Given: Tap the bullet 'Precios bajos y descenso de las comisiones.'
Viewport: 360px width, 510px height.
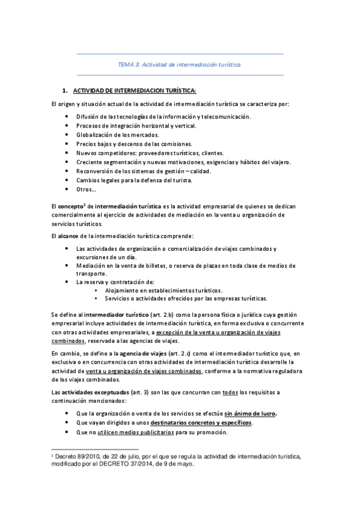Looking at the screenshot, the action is [134, 144].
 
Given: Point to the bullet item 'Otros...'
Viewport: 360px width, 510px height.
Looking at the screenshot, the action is [87, 189].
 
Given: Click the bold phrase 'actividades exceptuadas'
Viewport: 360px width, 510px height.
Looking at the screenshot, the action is [87, 392].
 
